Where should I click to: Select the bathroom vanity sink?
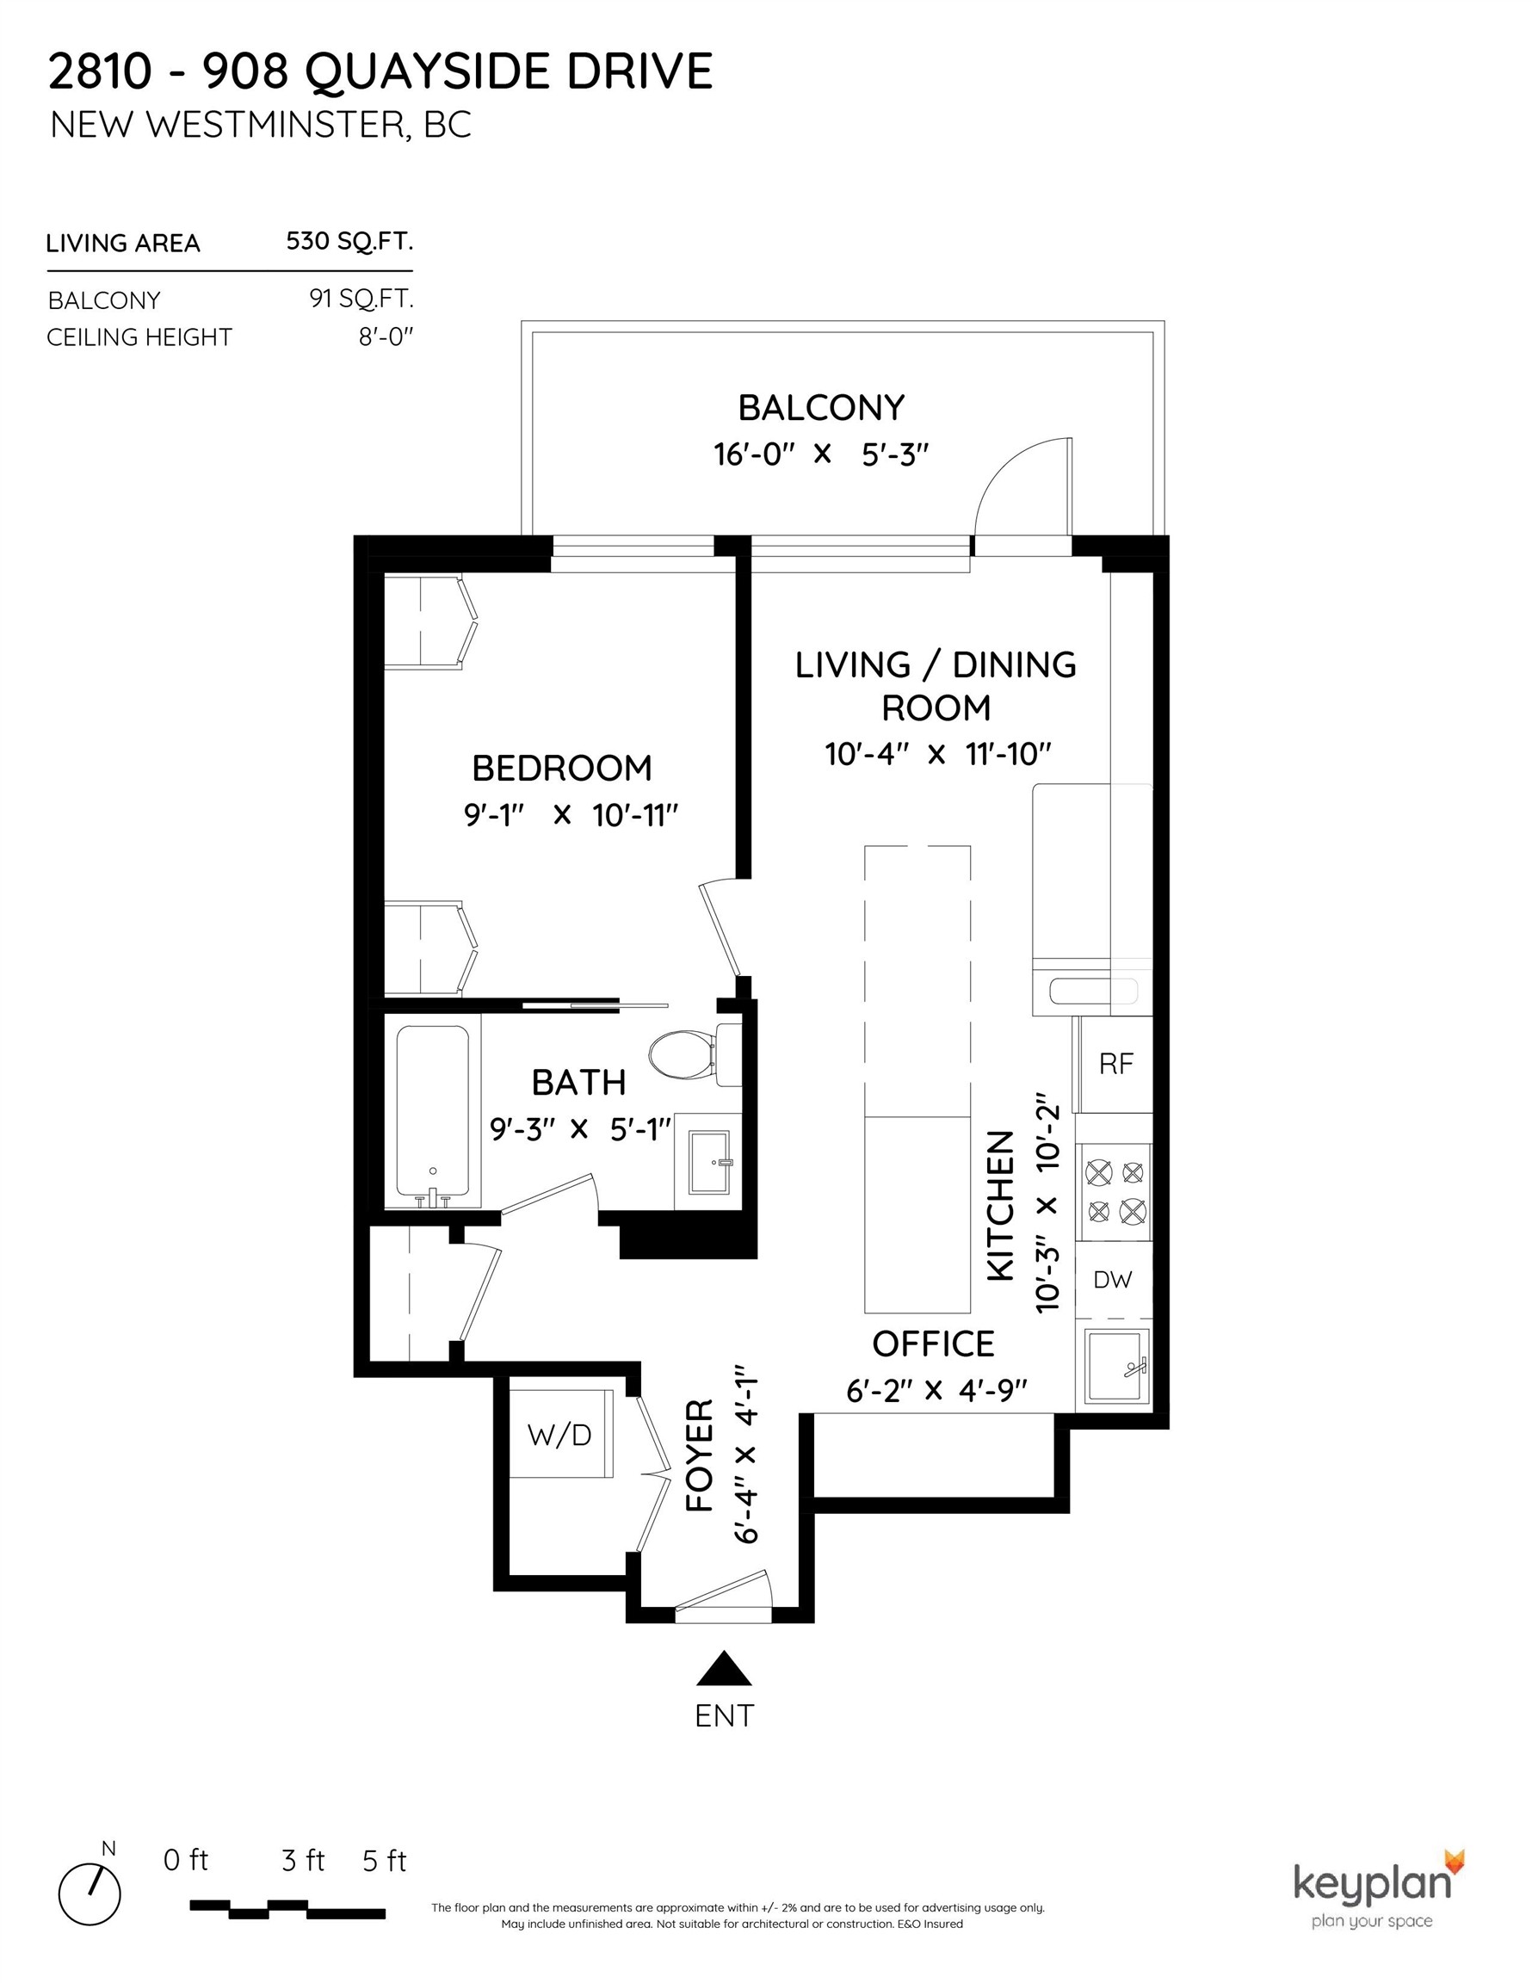708,1161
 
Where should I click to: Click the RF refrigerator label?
1116,1064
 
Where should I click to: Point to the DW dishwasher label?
1113,1280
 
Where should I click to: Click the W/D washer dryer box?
560,1435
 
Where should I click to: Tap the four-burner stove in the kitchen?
1115,1191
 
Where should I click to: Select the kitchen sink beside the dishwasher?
1115,1367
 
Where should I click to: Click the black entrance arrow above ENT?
724,1668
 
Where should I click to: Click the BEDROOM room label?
562,768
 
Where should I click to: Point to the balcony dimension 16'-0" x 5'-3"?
822,453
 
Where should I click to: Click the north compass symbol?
90,1894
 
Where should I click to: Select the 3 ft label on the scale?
302,1861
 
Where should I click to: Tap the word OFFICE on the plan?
933,1344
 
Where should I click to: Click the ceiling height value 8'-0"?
385,337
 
